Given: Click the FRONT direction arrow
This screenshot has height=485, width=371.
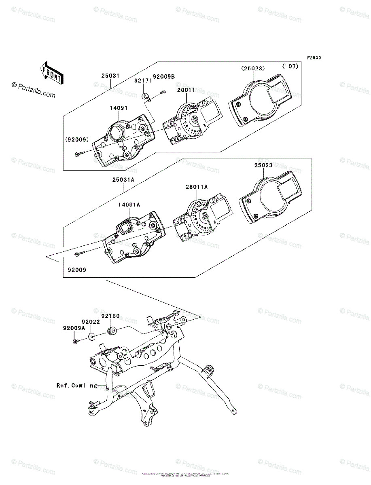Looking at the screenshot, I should tap(51, 72).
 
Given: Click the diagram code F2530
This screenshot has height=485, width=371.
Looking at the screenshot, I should tap(314, 58).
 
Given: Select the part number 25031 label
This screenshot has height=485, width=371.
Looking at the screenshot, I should tap(110, 75).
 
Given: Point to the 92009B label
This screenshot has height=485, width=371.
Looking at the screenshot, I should tap(164, 76).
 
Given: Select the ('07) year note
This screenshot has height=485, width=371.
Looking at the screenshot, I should tap(290, 66).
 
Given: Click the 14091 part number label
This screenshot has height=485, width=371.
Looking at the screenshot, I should tap(119, 108).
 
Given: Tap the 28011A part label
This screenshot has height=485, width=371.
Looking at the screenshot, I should tap(197, 187).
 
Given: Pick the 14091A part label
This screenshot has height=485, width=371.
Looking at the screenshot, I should tap(129, 205).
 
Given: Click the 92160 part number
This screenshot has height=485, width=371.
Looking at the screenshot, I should tap(110, 316).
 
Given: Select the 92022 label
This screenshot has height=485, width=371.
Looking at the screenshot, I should tap(91, 322).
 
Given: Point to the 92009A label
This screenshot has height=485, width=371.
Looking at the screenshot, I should tap(74, 329).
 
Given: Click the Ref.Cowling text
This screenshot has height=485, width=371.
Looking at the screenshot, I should tap(77, 386).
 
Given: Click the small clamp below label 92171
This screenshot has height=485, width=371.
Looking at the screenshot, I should tap(146, 97).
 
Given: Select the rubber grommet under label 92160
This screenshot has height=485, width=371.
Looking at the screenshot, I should tap(112, 331).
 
